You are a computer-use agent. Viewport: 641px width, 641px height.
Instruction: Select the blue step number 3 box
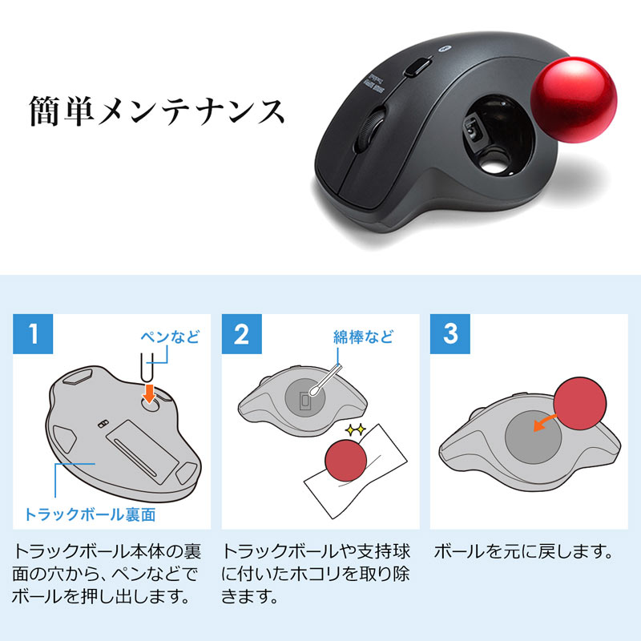point(450,334)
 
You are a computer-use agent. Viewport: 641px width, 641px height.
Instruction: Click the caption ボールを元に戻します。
point(523,553)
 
